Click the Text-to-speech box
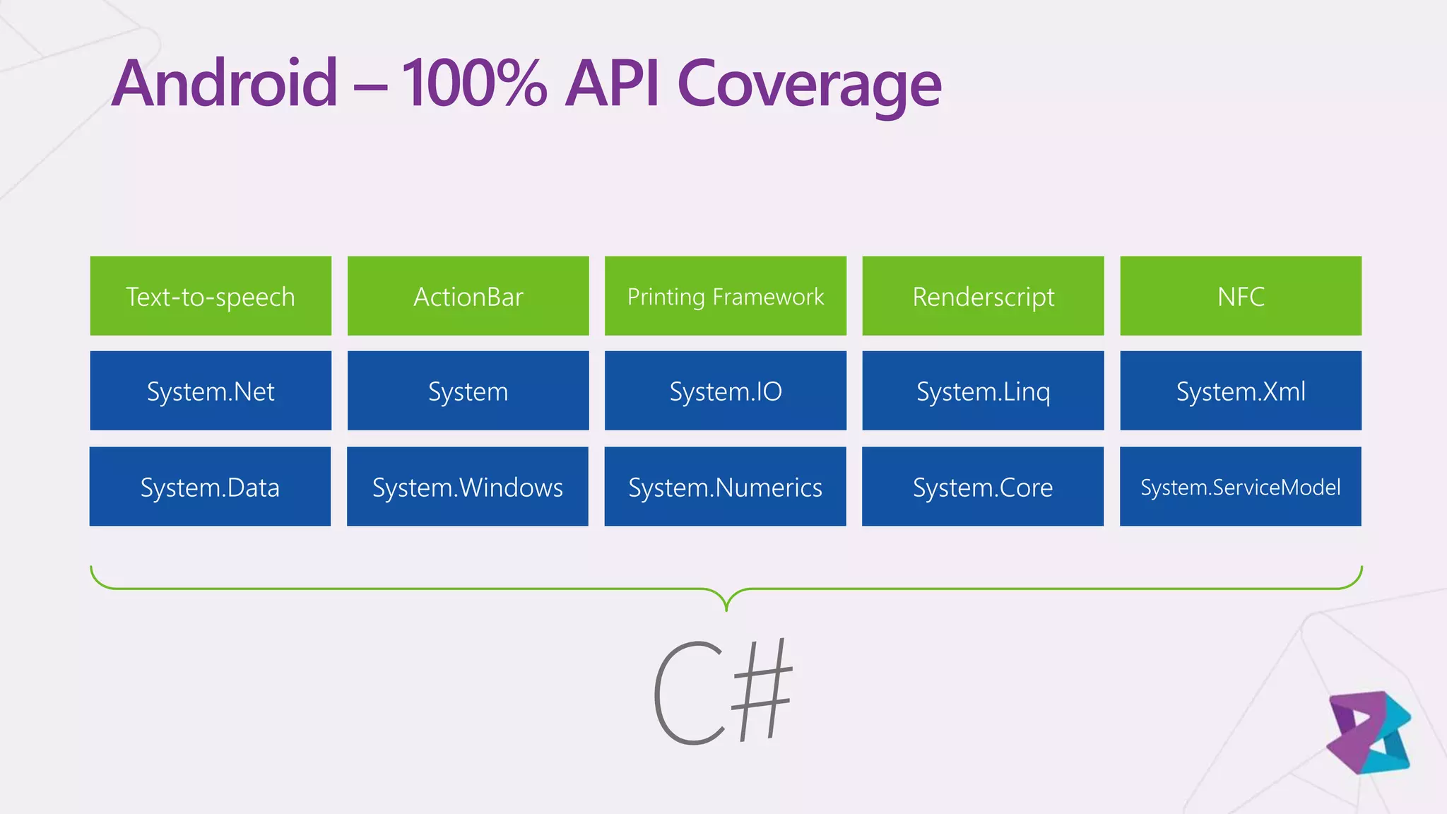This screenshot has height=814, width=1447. pos(211,296)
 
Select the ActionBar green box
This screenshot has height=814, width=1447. pos(468,296)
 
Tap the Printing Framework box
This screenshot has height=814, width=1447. pos(726,296)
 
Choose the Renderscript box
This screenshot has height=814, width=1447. pos(983,296)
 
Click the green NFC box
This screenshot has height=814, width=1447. pos(1241,296)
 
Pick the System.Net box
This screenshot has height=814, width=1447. pos(211,391)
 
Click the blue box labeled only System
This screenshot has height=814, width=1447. pos(468,391)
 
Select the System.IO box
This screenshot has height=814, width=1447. pos(726,391)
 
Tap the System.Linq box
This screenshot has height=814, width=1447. pos(983,391)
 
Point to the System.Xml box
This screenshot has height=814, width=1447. pos(1241,391)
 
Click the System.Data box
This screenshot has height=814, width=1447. pos(210,487)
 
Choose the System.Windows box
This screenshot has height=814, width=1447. pos(467,487)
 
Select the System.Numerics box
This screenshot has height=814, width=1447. pos(725,487)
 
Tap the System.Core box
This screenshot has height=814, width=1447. pos(982,487)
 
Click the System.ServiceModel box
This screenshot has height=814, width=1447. pos(1240,487)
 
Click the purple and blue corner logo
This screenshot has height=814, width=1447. pos(1369,733)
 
